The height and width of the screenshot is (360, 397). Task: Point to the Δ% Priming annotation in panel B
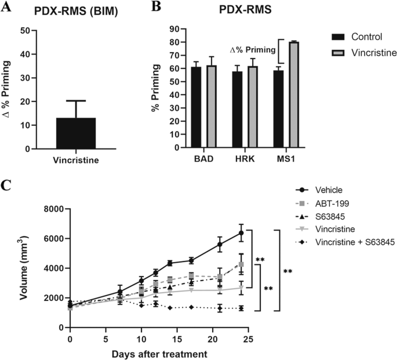[x=261, y=50]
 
